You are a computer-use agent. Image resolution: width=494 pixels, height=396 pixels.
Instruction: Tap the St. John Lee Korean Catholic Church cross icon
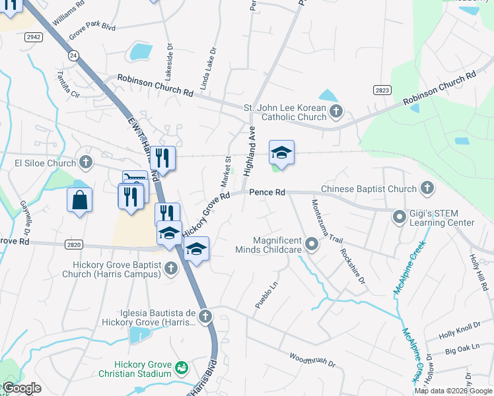click(336, 111)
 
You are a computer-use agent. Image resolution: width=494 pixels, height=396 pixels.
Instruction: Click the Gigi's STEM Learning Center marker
click(399, 216)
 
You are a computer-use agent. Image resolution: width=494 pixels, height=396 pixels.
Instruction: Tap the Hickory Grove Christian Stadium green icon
click(182, 367)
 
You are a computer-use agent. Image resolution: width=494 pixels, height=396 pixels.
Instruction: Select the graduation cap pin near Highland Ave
click(281, 153)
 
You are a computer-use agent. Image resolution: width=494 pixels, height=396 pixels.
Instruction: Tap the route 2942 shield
click(34, 38)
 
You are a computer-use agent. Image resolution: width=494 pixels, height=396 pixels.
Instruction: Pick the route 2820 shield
click(73, 245)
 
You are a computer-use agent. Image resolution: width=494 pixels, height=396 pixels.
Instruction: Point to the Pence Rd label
click(267, 192)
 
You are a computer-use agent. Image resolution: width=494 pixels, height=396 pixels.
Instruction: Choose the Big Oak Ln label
click(462, 348)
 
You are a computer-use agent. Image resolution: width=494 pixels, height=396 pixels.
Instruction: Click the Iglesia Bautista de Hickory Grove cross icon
click(205, 316)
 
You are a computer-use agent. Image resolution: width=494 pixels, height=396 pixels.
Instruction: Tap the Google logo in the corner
click(22, 389)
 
